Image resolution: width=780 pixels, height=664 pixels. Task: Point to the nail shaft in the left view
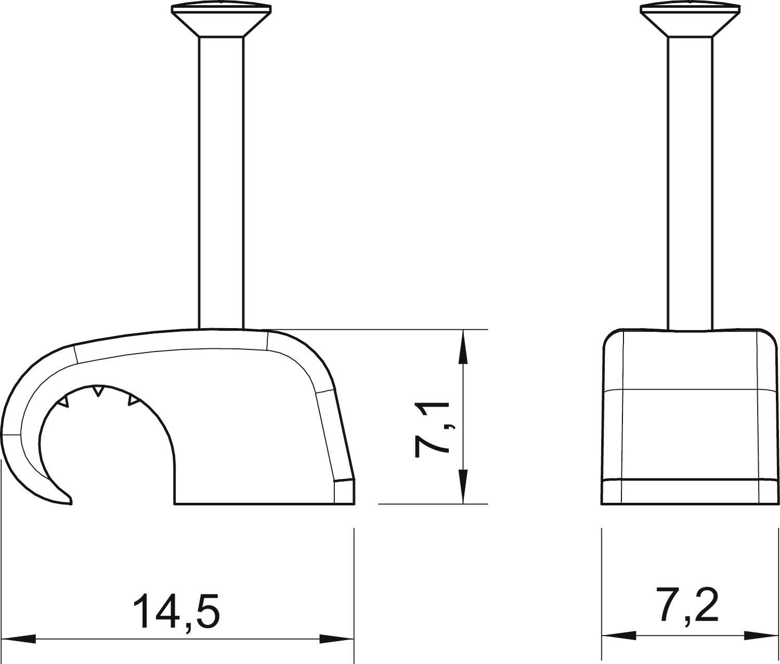coord(221,182)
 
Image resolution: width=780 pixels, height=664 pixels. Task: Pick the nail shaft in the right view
coord(690,182)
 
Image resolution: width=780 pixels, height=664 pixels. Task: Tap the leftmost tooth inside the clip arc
coord(63,401)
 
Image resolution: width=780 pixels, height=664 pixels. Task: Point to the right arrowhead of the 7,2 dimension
coord(761,635)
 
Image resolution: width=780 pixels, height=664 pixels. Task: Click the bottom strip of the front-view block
coord(690,491)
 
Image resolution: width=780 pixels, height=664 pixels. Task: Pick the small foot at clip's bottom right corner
coord(344,492)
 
